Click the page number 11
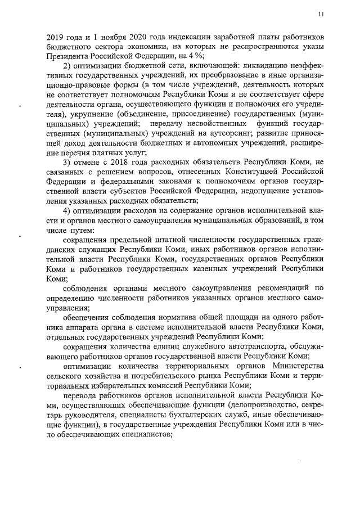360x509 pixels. pos(321,14)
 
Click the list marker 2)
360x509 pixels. pos(67,66)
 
